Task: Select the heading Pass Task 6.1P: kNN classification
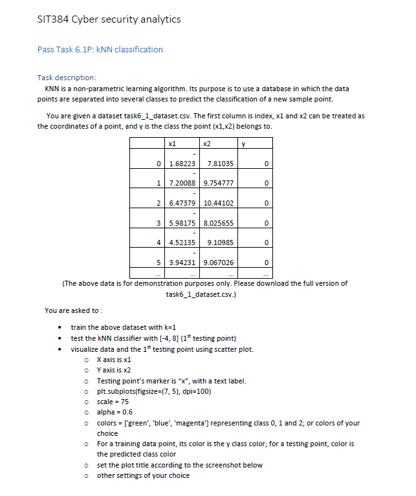[x=100, y=49]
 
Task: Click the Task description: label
[x=67, y=77]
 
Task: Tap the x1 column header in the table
[x=173, y=143]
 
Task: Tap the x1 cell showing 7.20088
[x=182, y=183]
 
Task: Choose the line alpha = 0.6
[x=115, y=412]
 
